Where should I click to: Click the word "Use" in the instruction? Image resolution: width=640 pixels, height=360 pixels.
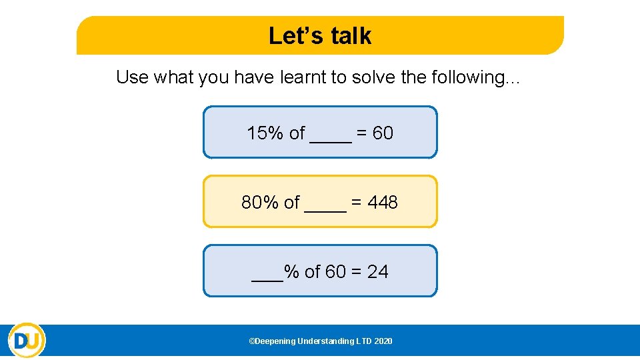pos(132,77)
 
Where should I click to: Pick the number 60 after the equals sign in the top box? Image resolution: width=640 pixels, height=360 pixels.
pos(383,133)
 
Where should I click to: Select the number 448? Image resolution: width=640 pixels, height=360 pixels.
pos(383,203)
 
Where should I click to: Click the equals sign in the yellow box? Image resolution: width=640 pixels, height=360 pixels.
pos(357,203)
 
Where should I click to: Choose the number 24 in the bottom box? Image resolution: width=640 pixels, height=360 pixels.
pos(377,272)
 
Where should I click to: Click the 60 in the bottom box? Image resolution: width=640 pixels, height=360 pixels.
pos(335,272)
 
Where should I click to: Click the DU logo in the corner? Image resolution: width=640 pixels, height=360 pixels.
pos(27,341)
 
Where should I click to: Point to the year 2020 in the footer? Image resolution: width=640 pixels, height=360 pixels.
pos(383,341)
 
